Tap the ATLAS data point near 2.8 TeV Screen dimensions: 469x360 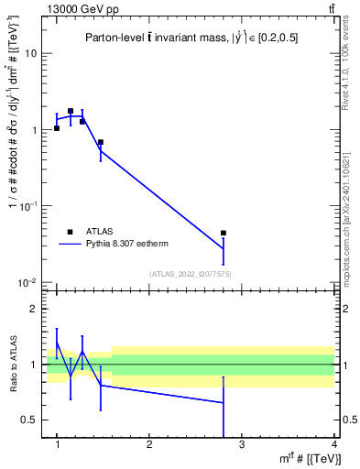(224, 234)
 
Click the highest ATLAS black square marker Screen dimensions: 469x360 (71, 111)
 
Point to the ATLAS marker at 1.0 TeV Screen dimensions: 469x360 (57, 128)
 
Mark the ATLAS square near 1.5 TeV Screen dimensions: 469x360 (100, 142)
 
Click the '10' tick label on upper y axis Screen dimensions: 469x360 (32, 53)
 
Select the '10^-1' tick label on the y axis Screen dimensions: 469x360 (29, 206)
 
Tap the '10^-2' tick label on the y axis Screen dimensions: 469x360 (29, 283)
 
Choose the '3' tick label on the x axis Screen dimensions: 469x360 (242, 444)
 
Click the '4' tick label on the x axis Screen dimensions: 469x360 (333, 444)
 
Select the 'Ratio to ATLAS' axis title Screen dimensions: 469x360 (12, 365)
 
